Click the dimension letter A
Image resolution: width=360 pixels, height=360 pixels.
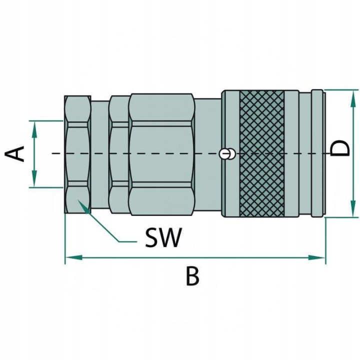14,153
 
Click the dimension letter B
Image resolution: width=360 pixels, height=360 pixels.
192,275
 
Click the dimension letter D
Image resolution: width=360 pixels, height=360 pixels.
339,148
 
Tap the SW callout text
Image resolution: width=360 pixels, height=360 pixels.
163,237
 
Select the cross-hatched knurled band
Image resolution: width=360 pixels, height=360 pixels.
261,153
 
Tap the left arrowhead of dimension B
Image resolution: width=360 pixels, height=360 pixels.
74,257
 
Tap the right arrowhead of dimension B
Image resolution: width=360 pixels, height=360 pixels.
316,257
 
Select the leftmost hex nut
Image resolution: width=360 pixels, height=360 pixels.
77,154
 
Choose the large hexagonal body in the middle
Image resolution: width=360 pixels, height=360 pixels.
161,154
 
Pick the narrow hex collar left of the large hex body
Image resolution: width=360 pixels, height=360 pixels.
118,154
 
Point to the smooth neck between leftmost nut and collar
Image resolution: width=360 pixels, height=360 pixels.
100,154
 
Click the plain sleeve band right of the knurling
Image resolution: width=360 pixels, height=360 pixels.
291,153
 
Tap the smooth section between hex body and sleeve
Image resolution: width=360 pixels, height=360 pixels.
208,154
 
